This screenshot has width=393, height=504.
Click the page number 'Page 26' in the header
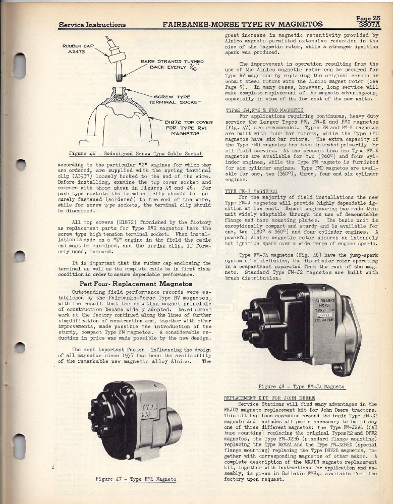368,18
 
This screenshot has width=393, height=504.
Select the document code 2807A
369,24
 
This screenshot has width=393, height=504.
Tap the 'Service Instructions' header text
92,25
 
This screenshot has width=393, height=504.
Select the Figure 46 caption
135,153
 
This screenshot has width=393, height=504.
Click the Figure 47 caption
136,479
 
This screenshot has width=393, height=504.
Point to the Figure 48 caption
301,386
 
